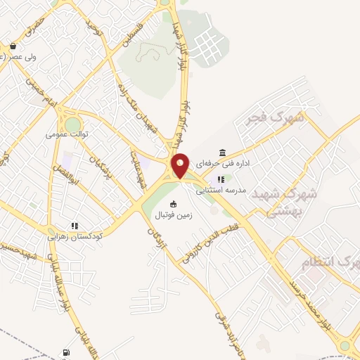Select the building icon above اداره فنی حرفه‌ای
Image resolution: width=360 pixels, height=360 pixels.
[223, 153]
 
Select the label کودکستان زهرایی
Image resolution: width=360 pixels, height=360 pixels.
[75, 236]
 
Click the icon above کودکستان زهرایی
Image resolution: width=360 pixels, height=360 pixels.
[73, 226]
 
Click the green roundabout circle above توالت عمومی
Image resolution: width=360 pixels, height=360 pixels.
[73, 124]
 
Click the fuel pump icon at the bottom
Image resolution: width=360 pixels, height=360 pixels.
[66, 352]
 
